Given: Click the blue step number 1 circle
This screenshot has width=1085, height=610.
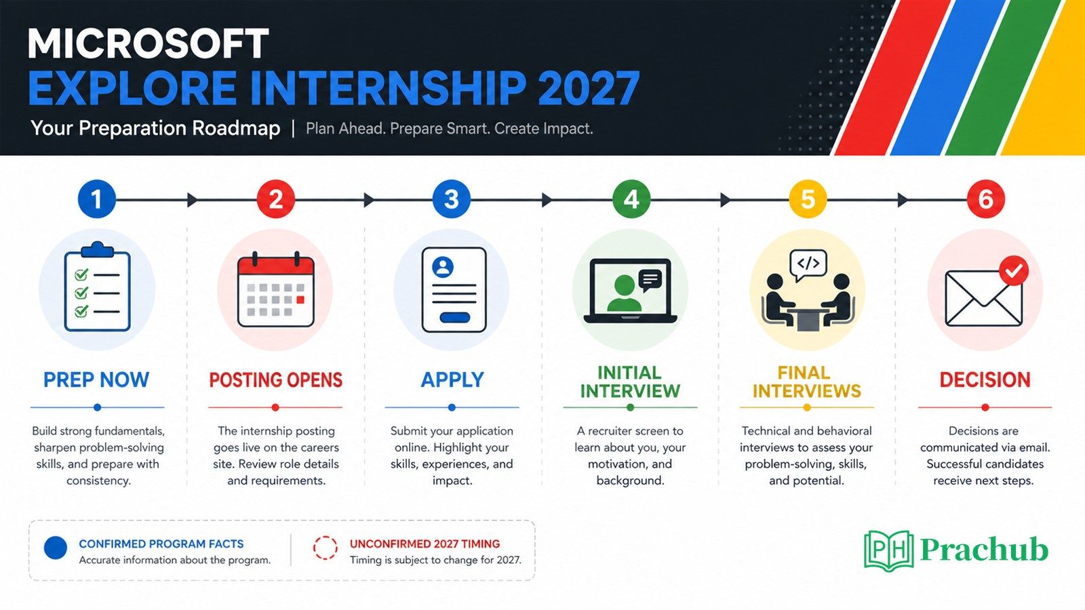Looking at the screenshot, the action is (97, 199).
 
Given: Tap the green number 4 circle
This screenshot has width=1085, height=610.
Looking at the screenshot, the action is (631, 199).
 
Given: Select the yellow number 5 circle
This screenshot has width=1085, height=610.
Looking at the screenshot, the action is (808, 199).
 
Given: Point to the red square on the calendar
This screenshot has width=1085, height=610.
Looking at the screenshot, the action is (300, 300).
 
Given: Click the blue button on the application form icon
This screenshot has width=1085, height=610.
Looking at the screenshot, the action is (454, 318).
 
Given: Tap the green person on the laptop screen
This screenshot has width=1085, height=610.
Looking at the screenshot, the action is (625, 293).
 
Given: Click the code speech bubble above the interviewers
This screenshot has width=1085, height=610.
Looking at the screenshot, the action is (808, 265).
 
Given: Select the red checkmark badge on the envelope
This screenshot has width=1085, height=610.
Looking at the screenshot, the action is (1014, 270).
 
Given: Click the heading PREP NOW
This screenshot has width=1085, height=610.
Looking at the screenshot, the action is (96, 380).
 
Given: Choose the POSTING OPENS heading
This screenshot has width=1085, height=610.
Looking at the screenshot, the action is (275, 380).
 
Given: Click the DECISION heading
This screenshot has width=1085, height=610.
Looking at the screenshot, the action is (985, 380).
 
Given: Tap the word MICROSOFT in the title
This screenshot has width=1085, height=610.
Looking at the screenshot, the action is (148, 44).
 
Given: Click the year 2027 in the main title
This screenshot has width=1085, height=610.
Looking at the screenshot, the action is (589, 88).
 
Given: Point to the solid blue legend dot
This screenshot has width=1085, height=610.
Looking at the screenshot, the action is (56, 548).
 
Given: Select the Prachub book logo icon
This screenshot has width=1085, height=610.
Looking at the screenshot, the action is (889, 550).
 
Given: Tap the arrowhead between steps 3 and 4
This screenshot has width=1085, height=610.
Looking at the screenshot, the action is (547, 199).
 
